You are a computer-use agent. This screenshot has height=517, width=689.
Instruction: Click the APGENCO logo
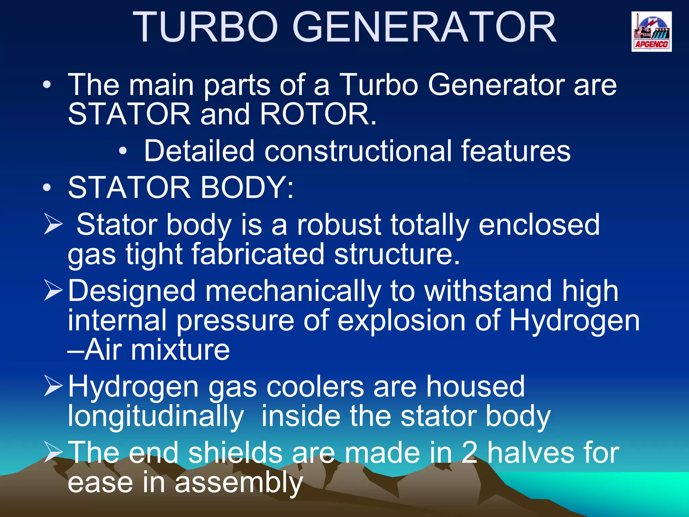click(x=651, y=32)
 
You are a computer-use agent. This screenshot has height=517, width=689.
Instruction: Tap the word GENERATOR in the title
click(x=425, y=28)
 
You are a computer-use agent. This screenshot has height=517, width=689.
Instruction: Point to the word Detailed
click(x=199, y=151)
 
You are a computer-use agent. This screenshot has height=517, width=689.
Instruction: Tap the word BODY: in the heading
click(x=247, y=187)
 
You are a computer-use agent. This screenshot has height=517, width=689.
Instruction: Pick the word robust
click(x=339, y=225)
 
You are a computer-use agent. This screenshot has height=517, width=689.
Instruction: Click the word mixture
click(x=180, y=350)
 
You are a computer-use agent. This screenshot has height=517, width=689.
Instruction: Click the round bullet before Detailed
click(x=123, y=151)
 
